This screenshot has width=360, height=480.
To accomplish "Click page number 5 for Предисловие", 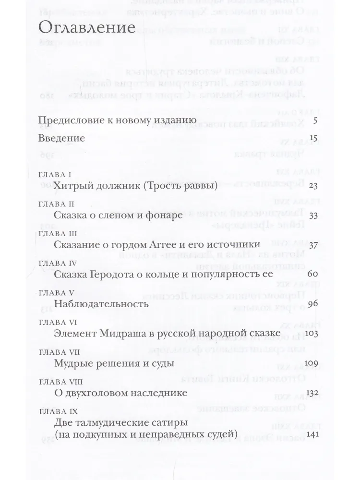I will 315,120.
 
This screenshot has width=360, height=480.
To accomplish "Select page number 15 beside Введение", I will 314,138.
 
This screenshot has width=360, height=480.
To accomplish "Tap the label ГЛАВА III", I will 57,233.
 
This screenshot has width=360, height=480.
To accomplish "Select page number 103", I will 312,334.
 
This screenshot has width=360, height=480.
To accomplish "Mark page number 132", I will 312,393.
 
